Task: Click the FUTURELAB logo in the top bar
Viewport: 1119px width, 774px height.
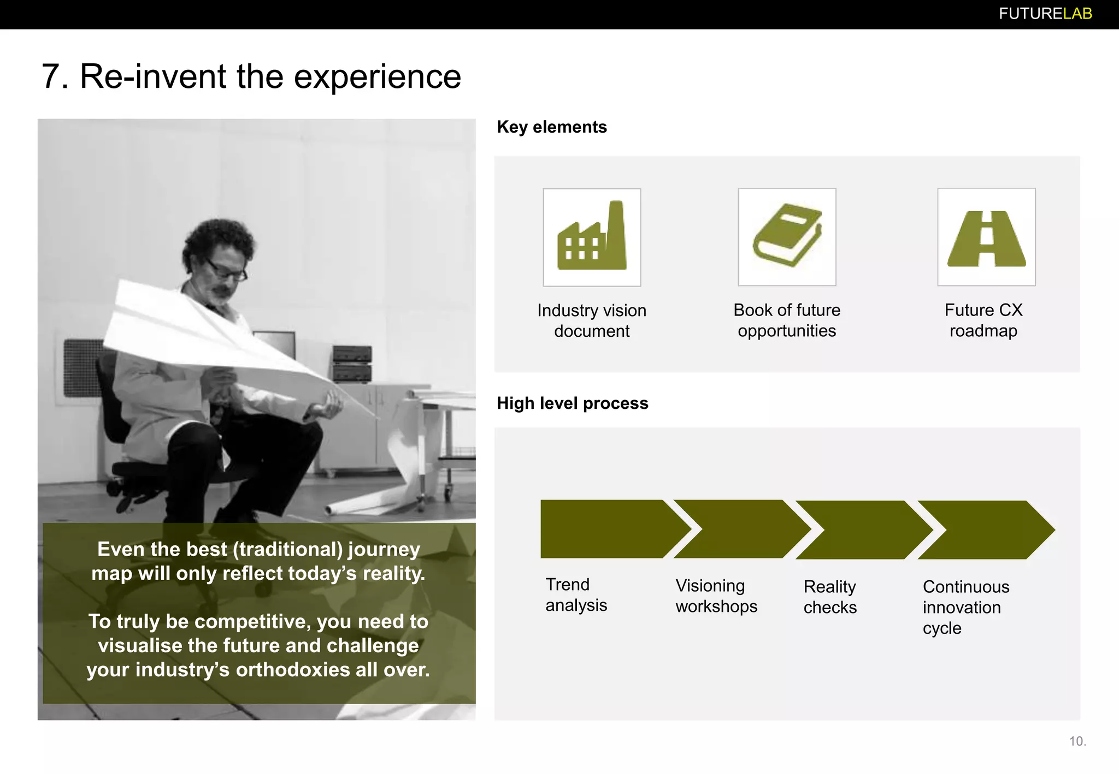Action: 1045,14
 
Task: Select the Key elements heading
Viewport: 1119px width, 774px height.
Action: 551,127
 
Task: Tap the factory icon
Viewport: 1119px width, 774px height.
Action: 592,237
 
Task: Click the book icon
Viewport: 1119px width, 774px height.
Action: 787,236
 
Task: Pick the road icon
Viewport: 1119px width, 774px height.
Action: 986,237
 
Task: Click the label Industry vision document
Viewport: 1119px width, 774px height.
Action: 592,320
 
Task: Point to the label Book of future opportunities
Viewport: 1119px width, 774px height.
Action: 787,320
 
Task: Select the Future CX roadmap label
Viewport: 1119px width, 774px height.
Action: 983,320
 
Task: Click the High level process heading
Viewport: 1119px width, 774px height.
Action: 572,403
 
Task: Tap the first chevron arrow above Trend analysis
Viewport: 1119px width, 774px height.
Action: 606,529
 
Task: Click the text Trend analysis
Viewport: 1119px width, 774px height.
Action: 576,595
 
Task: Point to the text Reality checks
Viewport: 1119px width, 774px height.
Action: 830,597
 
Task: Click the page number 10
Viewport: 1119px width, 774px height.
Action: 1077,741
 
